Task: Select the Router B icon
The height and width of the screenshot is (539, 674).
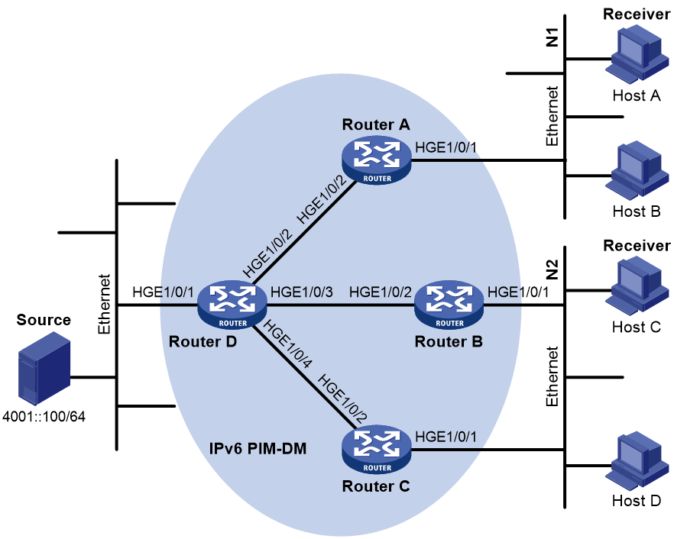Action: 449,305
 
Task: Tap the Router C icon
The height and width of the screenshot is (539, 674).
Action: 377,450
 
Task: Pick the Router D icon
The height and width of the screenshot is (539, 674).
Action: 232,305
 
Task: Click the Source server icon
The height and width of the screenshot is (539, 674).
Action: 44,368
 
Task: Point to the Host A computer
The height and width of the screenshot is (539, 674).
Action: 637,53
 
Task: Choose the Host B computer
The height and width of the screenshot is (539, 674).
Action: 637,170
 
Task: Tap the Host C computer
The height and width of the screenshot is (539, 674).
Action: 637,286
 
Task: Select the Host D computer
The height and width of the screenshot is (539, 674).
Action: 637,461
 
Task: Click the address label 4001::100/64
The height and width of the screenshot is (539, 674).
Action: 44,416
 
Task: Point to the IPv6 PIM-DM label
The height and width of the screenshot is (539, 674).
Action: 258,448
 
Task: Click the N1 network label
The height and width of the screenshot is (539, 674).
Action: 552,37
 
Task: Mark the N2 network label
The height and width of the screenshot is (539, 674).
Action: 552,269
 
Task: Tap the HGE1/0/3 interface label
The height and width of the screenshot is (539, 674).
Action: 302,292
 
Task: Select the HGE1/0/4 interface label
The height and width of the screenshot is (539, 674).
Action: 287,344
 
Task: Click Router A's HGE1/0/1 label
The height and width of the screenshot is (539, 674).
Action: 446,147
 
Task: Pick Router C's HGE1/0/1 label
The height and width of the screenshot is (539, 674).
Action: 446,437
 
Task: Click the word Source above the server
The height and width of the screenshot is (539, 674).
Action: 44,320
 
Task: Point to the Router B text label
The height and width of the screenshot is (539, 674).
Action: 449,341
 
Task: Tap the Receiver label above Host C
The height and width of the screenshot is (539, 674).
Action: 637,245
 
